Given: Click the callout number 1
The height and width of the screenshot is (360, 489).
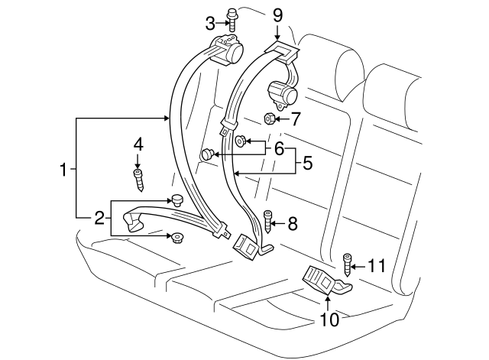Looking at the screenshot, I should [64, 169].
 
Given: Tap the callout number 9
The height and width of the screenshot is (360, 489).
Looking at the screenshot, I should [277, 14].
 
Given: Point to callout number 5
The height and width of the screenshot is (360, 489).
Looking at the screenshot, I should [307, 162].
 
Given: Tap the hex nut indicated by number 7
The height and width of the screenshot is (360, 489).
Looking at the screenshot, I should [269, 118].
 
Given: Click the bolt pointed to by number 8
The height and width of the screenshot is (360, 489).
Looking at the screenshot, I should [268, 222].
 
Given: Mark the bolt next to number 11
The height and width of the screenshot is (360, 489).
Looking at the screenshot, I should [348, 264].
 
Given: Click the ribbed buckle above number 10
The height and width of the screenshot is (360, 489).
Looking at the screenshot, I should [321, 279].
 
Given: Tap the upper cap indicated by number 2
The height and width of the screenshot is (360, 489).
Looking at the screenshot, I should [177, 200].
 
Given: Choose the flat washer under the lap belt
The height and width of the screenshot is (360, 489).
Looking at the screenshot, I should [178, 238].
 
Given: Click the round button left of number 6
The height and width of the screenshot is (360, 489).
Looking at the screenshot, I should [206, 155].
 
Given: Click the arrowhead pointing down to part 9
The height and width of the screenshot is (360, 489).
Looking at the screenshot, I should [277, 35].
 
